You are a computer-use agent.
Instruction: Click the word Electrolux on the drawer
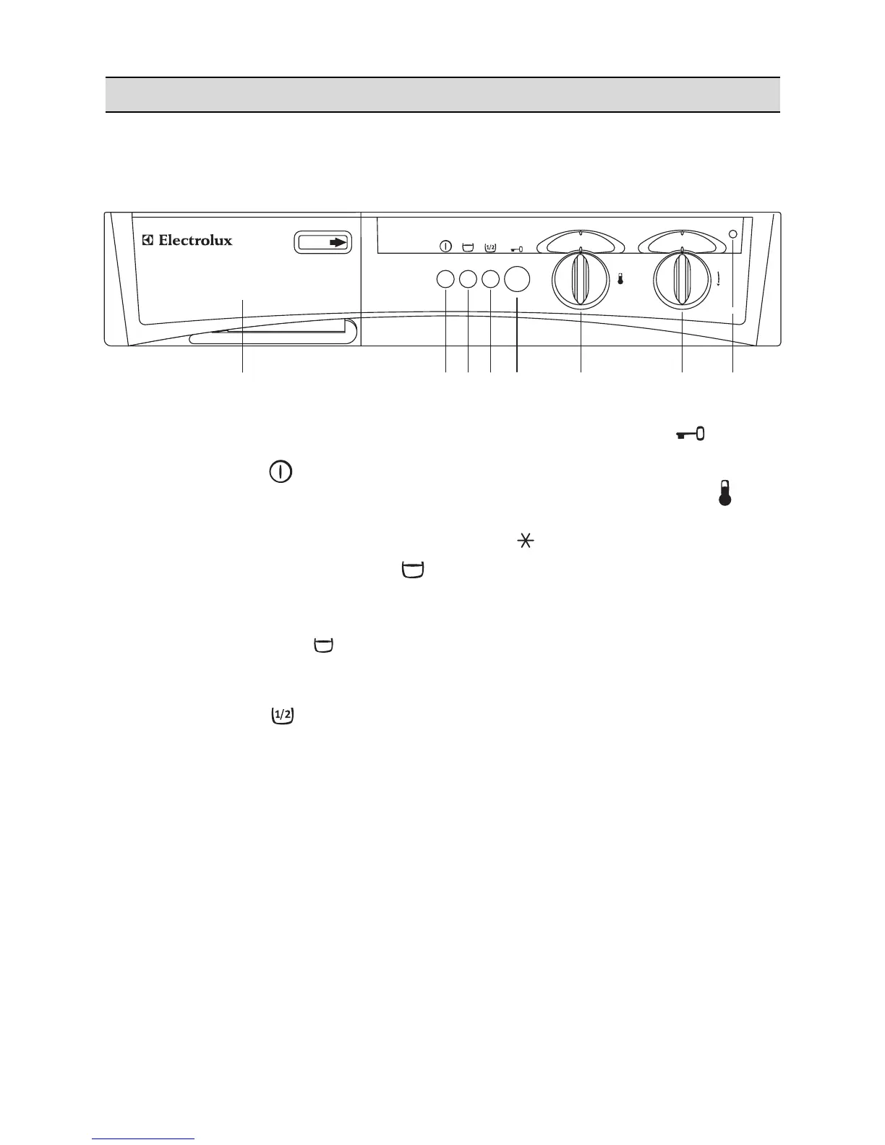click(195, 240)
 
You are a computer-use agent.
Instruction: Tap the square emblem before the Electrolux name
click(147, 240)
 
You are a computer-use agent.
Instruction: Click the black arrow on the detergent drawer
click(338, 243)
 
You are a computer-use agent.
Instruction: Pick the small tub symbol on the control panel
click(467, 247)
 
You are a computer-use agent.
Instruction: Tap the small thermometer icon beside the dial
click(620, 279)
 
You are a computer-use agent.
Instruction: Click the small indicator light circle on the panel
click(733, 234)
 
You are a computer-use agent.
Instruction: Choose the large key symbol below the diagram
click(691, 434)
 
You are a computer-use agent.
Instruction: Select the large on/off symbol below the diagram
click(282, 473)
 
